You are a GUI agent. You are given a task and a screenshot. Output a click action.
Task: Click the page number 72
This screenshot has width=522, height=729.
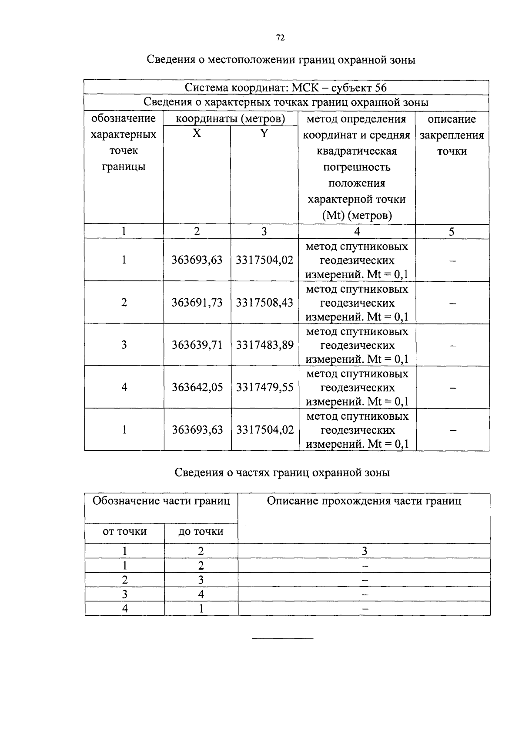[280, 38]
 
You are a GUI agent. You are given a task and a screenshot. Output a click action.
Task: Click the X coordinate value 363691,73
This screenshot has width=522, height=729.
[197, 302]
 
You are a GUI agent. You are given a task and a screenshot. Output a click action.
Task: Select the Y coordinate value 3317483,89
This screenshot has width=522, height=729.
[264, 345]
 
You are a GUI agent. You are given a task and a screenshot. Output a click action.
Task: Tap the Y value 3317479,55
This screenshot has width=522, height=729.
[264, 387]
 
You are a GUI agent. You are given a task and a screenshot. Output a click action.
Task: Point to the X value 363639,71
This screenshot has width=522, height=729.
[197, 345]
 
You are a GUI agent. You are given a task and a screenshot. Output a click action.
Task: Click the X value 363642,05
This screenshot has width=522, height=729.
[197, 387]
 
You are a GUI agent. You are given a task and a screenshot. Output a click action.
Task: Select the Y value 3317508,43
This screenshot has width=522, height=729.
[264, 302]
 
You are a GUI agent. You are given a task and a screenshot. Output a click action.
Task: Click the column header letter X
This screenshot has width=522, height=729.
[197, 134]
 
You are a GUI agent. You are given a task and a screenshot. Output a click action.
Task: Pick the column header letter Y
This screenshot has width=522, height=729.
[264, 134]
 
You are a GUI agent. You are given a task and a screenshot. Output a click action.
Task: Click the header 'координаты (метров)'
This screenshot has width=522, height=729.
[231, 119]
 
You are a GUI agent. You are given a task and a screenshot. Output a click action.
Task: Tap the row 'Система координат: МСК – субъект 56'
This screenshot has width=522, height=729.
[286, 88]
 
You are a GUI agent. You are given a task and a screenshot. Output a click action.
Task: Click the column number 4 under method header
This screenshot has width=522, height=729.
[357, 231]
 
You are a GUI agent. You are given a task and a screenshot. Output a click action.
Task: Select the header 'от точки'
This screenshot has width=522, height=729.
[124, 531]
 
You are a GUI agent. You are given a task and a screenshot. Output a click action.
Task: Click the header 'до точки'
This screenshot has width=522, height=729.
[201, 531]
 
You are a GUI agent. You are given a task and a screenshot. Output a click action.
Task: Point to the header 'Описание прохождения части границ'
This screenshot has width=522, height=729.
[364, 501]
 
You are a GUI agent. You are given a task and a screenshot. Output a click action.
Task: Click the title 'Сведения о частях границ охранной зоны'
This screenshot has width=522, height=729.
[282, 472]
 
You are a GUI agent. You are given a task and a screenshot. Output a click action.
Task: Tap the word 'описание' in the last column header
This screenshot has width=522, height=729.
[452, 119]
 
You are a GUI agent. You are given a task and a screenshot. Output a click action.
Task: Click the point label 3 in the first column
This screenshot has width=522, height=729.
[124, 345]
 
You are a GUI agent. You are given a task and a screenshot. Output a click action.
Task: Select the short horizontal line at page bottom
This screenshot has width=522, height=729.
[283, 639]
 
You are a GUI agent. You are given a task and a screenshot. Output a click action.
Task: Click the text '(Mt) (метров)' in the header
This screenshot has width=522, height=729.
[357, 215]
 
